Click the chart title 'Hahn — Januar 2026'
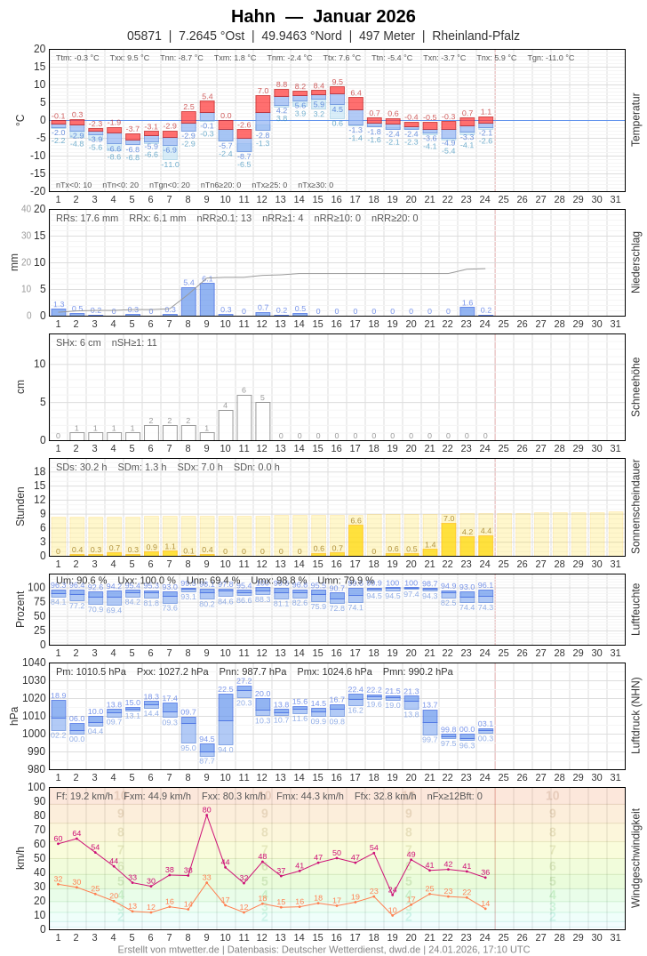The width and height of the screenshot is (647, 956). [x=323, y=16]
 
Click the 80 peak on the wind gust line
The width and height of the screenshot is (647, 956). [x=207, y=815]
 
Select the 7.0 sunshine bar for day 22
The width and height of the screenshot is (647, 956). [x=449, y=540]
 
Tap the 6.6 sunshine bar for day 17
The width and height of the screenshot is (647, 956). [x=355, y=541]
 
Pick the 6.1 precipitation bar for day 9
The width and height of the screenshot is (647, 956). [x=207, y=300]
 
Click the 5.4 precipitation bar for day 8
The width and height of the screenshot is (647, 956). [x=188, y=301]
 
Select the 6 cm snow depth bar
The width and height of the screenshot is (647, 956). [x=244, y=418]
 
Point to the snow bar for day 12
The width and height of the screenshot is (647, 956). [x=263, y=422]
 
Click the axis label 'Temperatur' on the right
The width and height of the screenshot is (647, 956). [x=635, y=120]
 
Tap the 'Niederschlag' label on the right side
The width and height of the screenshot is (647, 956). [x=635, y=262]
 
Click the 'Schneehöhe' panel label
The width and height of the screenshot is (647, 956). [x=635, y=387]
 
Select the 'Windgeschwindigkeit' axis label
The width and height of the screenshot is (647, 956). [x=635, y=858]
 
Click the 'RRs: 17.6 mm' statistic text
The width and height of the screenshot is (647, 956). [x=87, y=218]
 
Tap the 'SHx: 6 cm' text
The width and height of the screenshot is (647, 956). [x=78, y=342]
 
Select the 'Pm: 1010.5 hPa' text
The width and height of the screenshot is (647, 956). [x=91, y=671]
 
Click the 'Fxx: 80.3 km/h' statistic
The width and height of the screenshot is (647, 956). [x=234, y=796]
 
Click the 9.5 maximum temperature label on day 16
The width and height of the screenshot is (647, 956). [x=337, y=82]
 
